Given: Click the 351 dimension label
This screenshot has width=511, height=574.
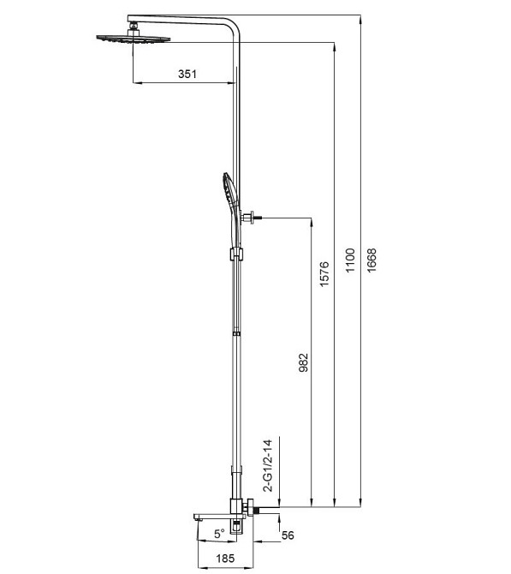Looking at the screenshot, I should click(187, 75).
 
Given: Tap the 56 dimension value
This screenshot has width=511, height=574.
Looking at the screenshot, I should click(287, 535).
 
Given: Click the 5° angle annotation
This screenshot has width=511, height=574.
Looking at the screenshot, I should click(219, 533).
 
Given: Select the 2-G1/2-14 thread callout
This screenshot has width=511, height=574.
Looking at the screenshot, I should click(268, 465).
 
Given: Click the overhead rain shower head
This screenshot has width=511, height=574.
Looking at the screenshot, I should click(133, 38).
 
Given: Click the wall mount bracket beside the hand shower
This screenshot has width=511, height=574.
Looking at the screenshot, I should click(251, 218).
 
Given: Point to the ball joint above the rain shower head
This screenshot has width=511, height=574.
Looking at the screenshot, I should click(134, 28).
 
